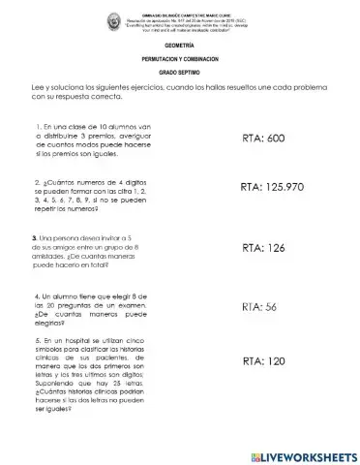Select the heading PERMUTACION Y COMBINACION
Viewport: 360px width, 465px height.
pyautogui.click(x=180, y=60)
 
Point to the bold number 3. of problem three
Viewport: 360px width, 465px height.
pyautogui.click(x=36, y=237)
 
